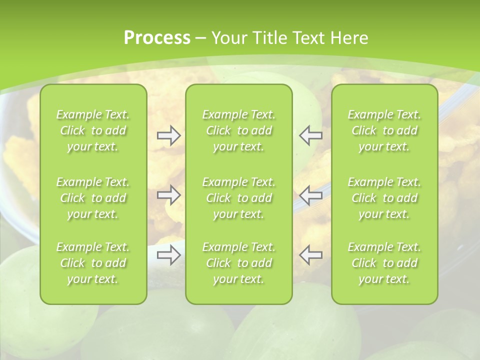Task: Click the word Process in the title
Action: (x=157, y=38)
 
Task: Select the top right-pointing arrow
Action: (x=168, y=135)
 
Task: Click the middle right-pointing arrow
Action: (x=168, y=195)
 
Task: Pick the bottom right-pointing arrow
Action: (x=168, y=255)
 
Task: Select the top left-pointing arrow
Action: (x=311, y=135)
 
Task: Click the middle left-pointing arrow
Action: (x=311, y=195)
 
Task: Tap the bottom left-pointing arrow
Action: (x=311, y=255)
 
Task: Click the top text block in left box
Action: (x=93, y=130)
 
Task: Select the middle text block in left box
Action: (x=93, y=198)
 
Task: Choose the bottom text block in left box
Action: (x=93, y=263)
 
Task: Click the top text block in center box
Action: (x=238, y=130)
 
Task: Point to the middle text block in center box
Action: (x=238, y=198)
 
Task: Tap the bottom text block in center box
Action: (x=238, y=263)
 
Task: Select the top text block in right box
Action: (x=384, y=130)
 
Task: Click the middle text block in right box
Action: (x=384, y=198)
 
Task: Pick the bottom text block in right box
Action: (x=384, y=263)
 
